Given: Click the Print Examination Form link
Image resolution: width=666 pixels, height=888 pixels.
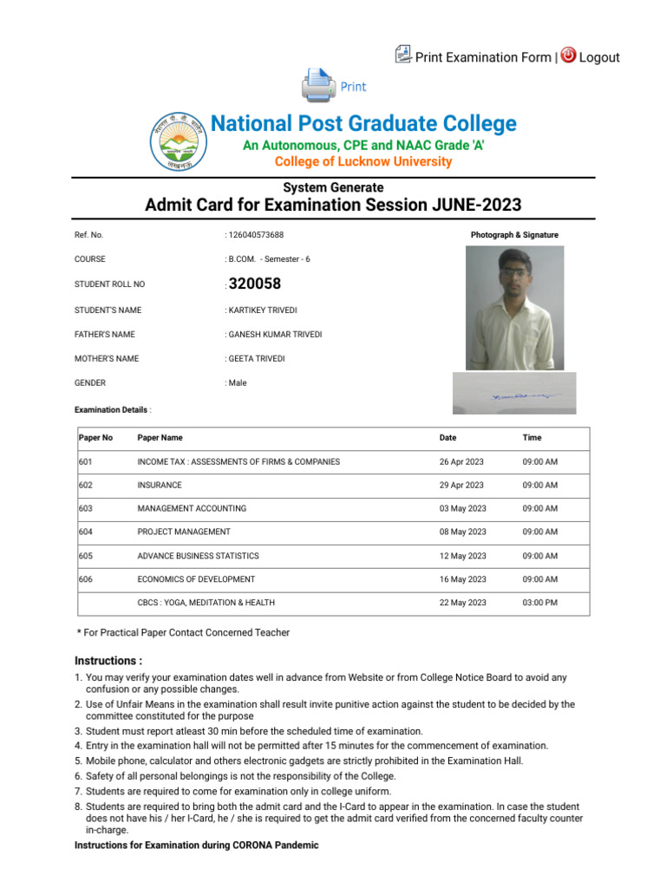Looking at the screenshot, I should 482,57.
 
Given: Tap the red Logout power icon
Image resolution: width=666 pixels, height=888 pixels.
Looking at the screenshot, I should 568,55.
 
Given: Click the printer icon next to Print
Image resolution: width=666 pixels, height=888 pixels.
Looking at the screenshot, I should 317,86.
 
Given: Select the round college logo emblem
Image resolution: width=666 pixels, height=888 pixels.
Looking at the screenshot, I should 179,141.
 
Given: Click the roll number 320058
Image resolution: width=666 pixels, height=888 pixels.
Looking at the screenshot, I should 255,284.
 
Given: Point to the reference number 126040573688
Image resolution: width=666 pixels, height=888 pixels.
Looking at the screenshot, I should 256,235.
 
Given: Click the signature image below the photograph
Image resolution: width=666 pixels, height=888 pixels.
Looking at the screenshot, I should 514,394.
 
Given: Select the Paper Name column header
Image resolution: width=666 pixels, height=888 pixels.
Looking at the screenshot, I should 160,438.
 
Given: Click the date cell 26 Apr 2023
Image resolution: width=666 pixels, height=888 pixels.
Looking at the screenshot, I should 461,462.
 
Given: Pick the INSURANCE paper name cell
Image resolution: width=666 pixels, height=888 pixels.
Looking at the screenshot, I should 160,486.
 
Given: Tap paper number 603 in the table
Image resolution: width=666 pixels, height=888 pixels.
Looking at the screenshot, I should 86,509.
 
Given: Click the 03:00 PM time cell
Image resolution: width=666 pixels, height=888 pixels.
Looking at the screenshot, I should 539,603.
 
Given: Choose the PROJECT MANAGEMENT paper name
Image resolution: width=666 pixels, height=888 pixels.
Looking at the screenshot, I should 184,532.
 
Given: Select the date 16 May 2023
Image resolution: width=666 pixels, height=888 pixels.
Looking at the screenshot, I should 462,579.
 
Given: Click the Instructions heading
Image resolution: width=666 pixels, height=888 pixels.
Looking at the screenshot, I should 108,660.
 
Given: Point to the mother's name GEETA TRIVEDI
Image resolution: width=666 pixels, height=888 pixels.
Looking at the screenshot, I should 257,358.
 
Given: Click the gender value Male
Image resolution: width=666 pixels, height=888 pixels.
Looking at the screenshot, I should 238,382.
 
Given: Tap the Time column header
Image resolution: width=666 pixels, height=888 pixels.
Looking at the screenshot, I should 532,438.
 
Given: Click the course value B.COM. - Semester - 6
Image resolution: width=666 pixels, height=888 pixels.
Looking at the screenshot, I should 269,259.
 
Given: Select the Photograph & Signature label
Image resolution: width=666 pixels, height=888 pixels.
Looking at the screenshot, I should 514,235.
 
